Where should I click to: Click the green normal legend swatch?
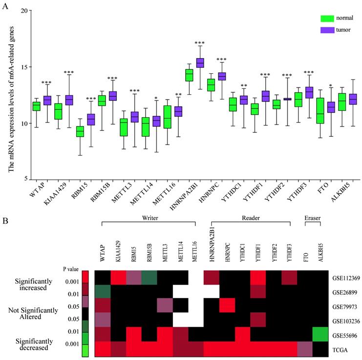point(327,18)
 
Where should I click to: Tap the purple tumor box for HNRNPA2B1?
point(199,63)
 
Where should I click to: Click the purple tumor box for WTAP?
point(47,101)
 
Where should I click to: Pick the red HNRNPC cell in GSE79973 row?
point(228,306)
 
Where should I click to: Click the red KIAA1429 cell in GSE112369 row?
point(118,277)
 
